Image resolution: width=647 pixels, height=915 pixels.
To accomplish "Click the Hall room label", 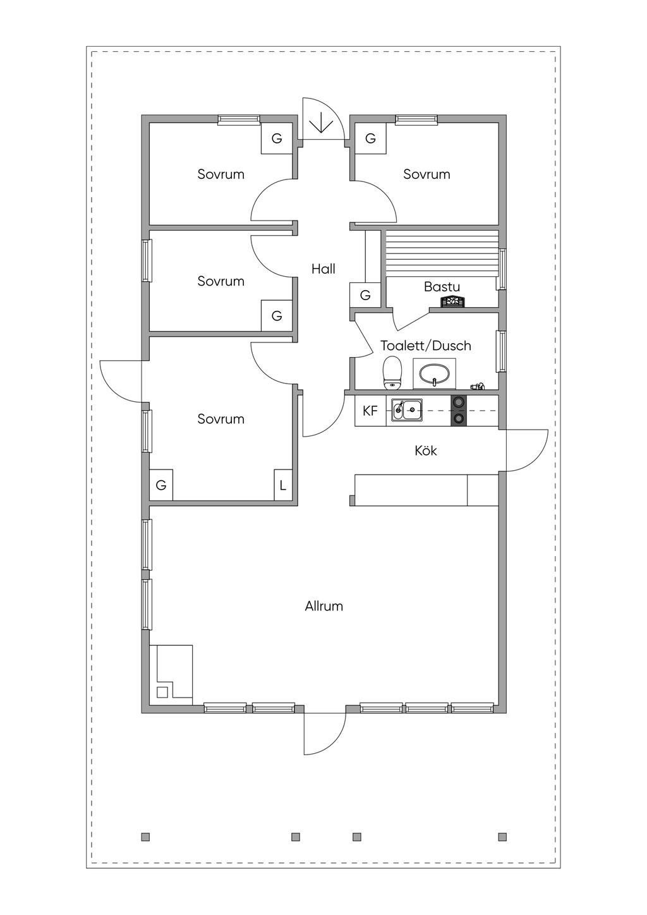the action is (x=323, y=269).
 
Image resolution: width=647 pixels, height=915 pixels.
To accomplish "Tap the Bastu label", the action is (x=442, y=287).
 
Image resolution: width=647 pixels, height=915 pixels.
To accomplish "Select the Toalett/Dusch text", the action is (x=426, y=346).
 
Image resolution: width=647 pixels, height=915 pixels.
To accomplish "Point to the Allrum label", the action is (x=324, y=606).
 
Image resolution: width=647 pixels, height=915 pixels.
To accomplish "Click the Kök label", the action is (x=426, y=451).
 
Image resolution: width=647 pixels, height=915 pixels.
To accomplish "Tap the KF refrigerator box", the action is (x=370, y=411).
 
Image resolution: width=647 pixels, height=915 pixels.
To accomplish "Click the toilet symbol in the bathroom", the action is (x=392, y=373).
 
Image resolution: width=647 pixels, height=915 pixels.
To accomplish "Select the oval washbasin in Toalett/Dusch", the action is (x=434, y=373).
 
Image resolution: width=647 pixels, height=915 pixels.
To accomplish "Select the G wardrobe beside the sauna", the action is (x=365, y=295).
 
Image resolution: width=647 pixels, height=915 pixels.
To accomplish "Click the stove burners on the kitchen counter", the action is (x=459, y=411).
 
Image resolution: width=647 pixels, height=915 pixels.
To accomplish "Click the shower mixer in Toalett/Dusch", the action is (x=477, y=385).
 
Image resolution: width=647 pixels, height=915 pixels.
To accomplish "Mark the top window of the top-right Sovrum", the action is (x=416, y=119).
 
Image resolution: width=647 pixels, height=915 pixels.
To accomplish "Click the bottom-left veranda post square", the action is (x=145, y=837).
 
